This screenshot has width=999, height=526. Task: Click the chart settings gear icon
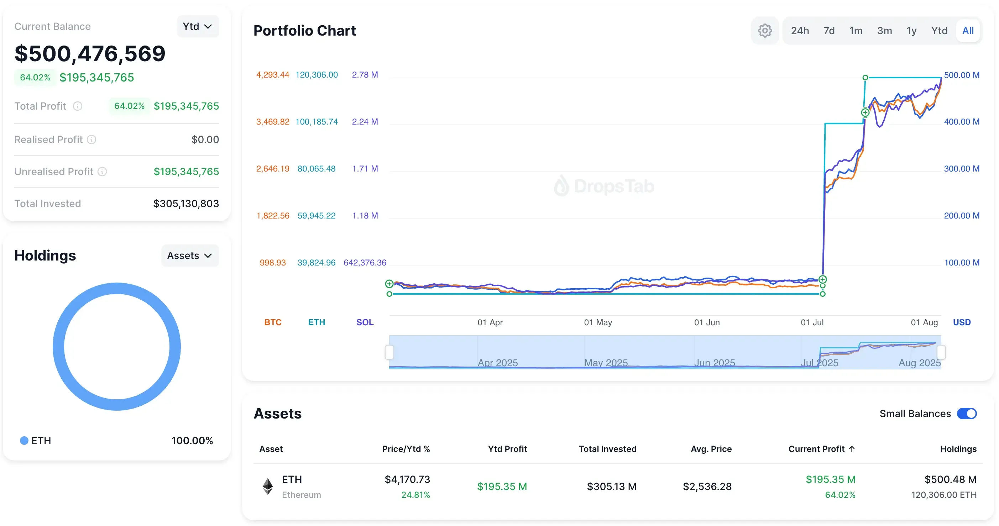point(764,31)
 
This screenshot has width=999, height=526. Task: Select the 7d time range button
point(828,31)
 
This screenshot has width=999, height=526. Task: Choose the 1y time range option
point(911,31)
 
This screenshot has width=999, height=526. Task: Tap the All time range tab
point(967,31)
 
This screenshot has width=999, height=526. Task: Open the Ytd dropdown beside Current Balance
point(197,26)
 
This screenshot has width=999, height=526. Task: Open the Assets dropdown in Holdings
point(190,256)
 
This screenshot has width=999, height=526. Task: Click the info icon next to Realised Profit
point(91,140)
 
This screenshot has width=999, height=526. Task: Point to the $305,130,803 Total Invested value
point(186,204)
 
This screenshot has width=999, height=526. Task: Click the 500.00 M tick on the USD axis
point(961,75)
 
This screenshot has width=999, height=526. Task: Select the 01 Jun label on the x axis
point(707,322)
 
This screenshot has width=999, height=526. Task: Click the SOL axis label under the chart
point(365,322)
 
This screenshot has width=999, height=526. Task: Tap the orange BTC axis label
point(273,322)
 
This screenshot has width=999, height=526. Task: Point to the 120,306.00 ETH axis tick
point(317,74)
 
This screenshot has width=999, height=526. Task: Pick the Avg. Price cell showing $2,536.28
point(707,486)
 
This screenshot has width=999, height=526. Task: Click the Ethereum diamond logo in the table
point(268,486)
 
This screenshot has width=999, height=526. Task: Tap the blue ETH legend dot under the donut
point(24,440)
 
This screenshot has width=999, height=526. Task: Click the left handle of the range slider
point(389,352)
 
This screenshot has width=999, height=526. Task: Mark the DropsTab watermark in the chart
point(604,186)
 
